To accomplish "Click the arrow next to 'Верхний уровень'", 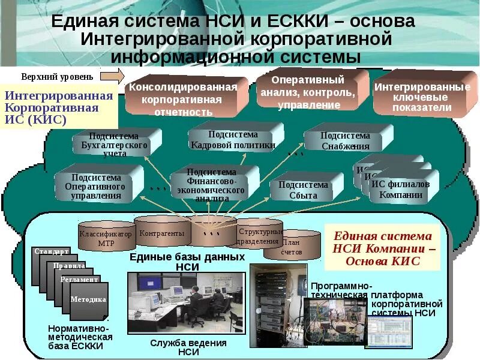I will coord(112,76).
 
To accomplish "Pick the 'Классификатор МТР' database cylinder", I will coord(106,238).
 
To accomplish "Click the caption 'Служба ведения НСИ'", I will coord(188,347).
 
